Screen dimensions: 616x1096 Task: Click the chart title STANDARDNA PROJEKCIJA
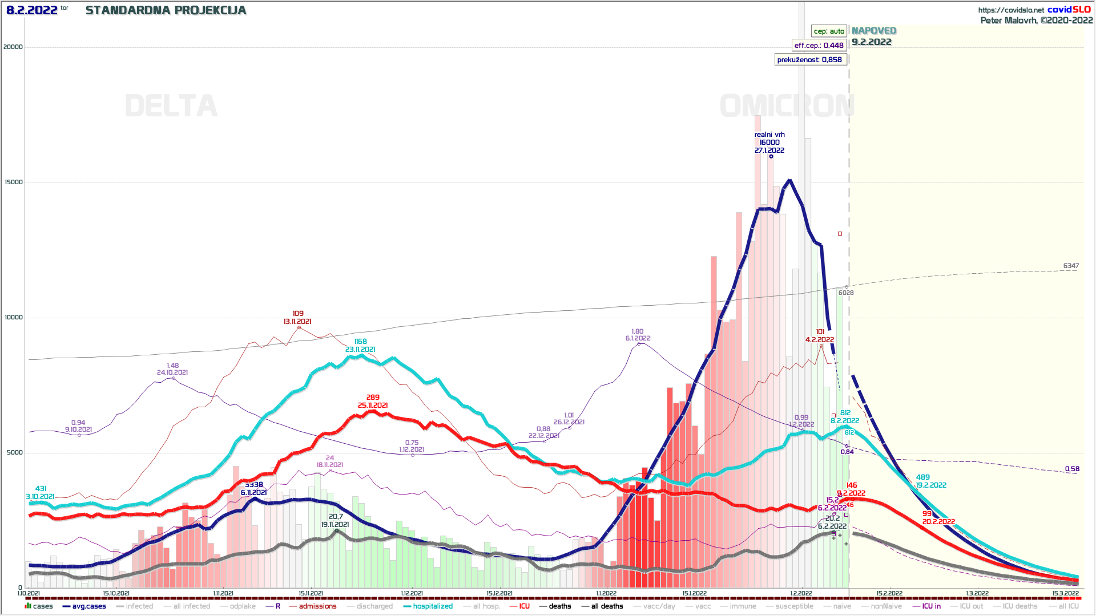coord(166,10)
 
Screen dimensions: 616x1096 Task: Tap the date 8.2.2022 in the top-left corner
coord(32,10)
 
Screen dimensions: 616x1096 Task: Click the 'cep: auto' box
coord(829,31)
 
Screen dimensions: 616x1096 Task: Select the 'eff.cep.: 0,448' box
coord(819,46)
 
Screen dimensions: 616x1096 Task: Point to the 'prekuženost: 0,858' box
coord(809,60)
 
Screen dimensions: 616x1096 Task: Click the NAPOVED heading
coord(874,31)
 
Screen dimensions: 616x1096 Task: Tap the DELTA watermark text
coord(171,106)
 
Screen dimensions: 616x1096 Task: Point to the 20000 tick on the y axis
coord(13,47)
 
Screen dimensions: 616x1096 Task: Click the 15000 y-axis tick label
coord(13,183)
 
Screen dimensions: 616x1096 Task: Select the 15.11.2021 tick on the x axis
coord(311,594)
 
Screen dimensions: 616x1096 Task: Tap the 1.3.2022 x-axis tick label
coord(977,594)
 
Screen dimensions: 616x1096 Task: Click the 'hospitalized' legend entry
coord(432,606)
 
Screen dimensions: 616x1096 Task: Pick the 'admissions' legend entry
coord(317,606)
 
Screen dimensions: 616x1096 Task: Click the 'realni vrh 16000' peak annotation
coord(769,143)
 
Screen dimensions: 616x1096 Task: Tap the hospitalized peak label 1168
coord(360,342)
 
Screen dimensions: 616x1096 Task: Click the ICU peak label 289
coord(373,398)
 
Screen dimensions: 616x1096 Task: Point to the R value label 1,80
coord(638,331)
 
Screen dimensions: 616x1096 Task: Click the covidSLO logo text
coord(1069,10)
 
